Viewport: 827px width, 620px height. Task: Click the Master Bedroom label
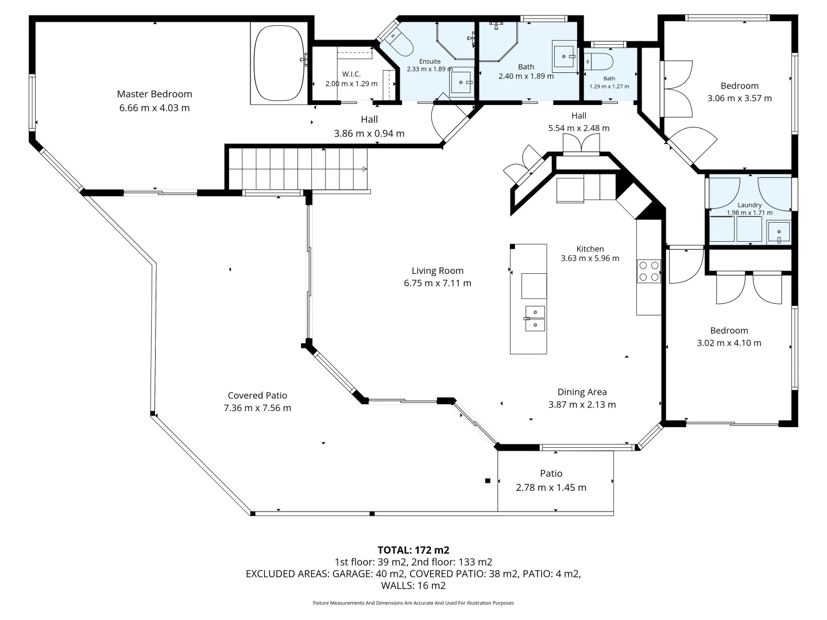(154, 94)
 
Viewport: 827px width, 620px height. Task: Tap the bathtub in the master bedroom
(279, 64)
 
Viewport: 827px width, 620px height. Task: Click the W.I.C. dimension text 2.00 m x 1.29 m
(351, 84)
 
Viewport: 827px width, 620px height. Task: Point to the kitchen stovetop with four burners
(649, 271)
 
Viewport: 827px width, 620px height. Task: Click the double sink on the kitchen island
(534, 319)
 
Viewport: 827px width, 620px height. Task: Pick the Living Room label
(437, 271)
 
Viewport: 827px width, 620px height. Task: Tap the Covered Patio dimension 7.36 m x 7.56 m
(257, 408)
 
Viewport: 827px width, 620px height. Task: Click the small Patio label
(551, 474)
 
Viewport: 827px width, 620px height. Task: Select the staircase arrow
(364, 169)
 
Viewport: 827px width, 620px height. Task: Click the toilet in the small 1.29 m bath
(598, 60)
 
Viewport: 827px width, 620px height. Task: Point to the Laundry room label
(749, 205)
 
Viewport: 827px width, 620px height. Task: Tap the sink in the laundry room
(778, 232)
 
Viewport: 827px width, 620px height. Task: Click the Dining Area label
(582, 392)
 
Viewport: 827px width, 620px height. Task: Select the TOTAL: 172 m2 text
(413, 550)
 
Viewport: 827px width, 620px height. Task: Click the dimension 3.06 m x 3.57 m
(739, 98)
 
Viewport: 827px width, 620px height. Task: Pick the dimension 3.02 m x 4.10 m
(729, 343)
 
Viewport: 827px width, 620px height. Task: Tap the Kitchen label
(590, 249)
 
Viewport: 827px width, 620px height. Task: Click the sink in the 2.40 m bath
(565, 56)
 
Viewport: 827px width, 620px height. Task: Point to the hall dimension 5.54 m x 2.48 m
(578, 128)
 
